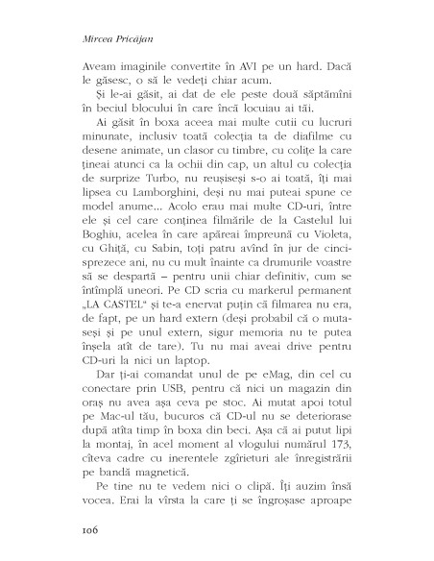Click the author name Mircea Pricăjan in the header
(x=103, y=42)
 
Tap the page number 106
(x=73, y=526)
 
